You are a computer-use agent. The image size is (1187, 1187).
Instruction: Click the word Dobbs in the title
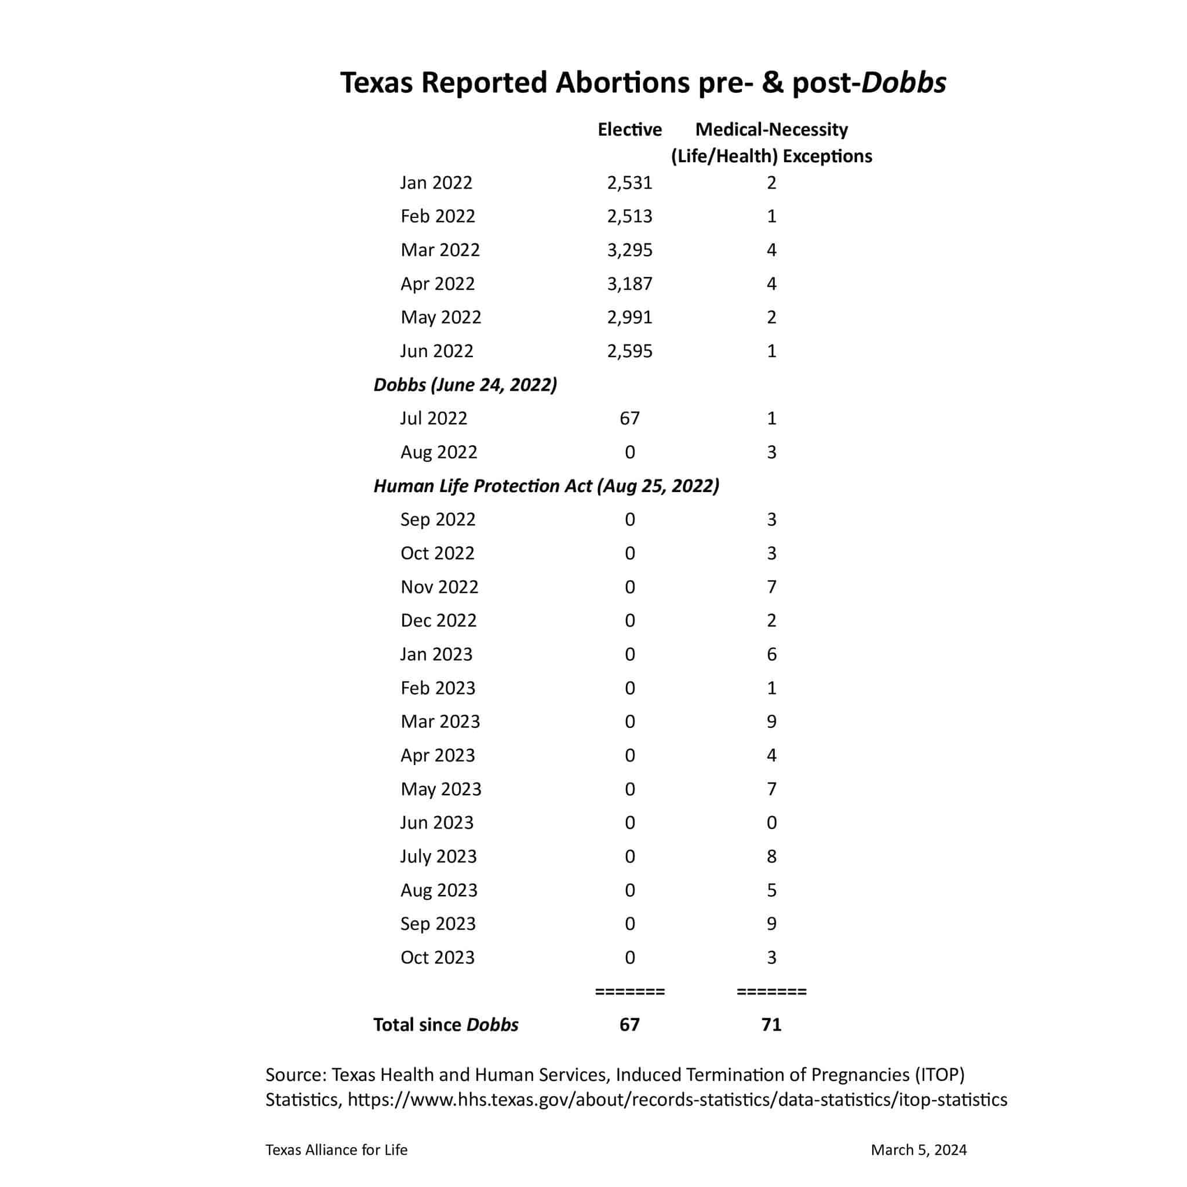click(903, 83)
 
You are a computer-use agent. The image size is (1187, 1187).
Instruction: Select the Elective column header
click(630, 130)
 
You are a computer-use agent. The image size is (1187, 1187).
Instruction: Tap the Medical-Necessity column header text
click(771, 130)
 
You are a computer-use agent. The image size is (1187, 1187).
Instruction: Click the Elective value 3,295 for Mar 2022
click(630, 250)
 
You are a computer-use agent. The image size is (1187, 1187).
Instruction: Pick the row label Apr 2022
click(438, 284)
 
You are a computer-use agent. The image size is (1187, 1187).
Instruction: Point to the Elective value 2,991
click(630, 318)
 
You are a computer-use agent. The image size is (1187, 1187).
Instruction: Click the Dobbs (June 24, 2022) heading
click(465, 385)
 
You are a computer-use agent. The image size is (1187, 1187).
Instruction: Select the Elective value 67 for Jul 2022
click(630, 418)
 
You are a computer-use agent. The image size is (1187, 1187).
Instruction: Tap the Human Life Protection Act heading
click(546, 486)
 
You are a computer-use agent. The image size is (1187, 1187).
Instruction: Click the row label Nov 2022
click(439, 587)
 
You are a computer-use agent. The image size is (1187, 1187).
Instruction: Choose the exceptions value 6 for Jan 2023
click(771, 654)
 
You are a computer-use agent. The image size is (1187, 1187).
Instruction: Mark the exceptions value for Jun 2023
click(771, 822)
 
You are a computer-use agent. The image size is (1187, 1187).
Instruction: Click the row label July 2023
click(438, 857)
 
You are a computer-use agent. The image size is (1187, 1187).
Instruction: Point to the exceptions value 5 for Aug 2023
click(771, 890)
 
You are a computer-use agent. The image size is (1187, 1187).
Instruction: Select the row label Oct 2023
click(438, 958)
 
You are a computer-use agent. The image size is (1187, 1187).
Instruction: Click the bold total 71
click(771, 1025)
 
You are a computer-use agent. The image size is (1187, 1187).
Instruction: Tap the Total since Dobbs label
click(446, 1025)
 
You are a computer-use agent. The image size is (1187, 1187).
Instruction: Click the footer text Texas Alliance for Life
click(336, 1150)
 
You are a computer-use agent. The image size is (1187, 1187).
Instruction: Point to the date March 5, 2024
click(919, 1150)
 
